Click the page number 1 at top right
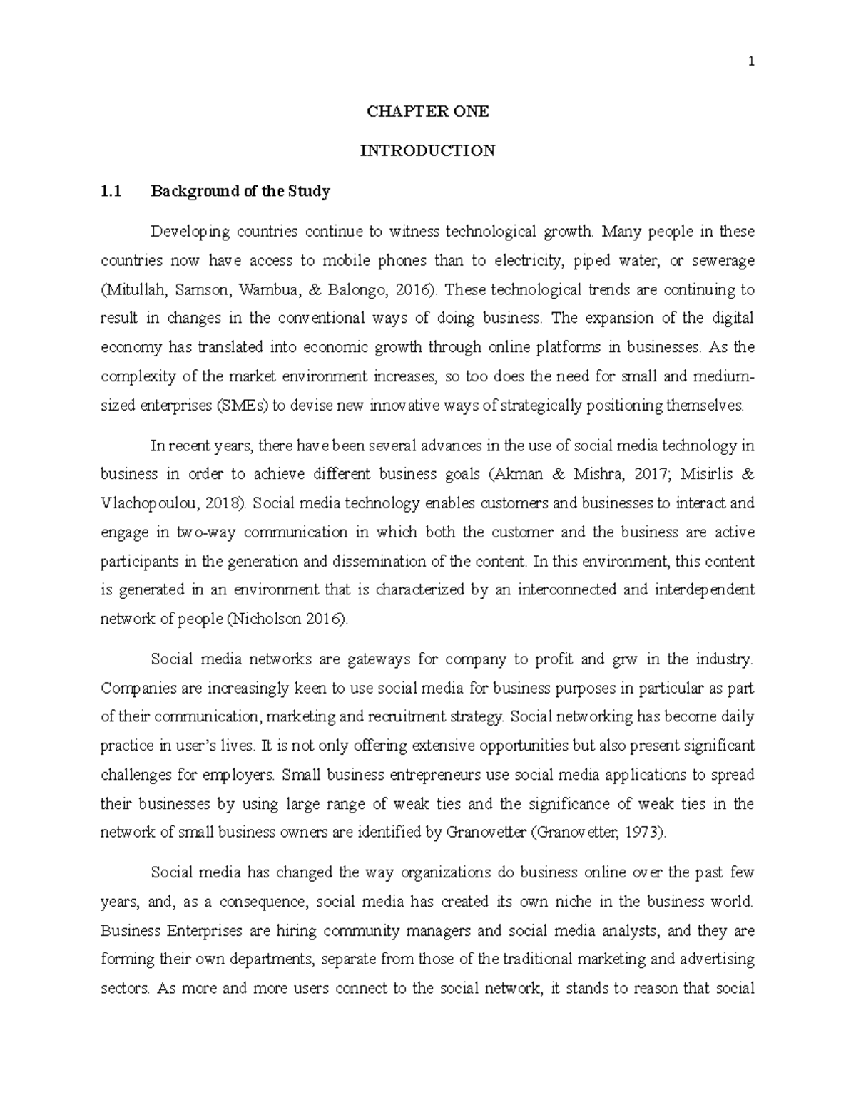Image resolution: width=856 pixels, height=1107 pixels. click(751, 62)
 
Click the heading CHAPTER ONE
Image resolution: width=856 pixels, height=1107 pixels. click(427, 111)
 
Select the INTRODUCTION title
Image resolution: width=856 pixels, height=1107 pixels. click(427, 151)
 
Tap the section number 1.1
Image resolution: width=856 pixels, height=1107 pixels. click(111, 191)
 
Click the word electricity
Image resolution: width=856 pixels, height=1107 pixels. click(534, 261)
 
